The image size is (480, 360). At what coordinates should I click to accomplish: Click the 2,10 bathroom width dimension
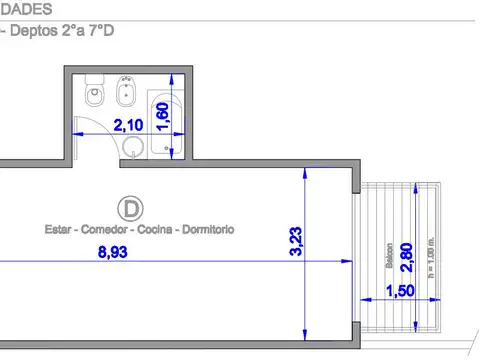click(x=127, y=126)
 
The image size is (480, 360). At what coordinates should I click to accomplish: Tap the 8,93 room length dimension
click(x=113, y=252)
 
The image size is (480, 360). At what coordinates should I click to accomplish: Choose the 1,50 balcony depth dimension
click(x=401, y=291)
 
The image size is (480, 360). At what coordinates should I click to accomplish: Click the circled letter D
click(x=129, y=208)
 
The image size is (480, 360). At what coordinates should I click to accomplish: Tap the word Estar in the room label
click(x=57, y=229)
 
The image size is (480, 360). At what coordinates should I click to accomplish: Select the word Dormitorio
click(x=208, y=229)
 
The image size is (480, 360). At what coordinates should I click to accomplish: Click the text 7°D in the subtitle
click(x=104, y=30)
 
